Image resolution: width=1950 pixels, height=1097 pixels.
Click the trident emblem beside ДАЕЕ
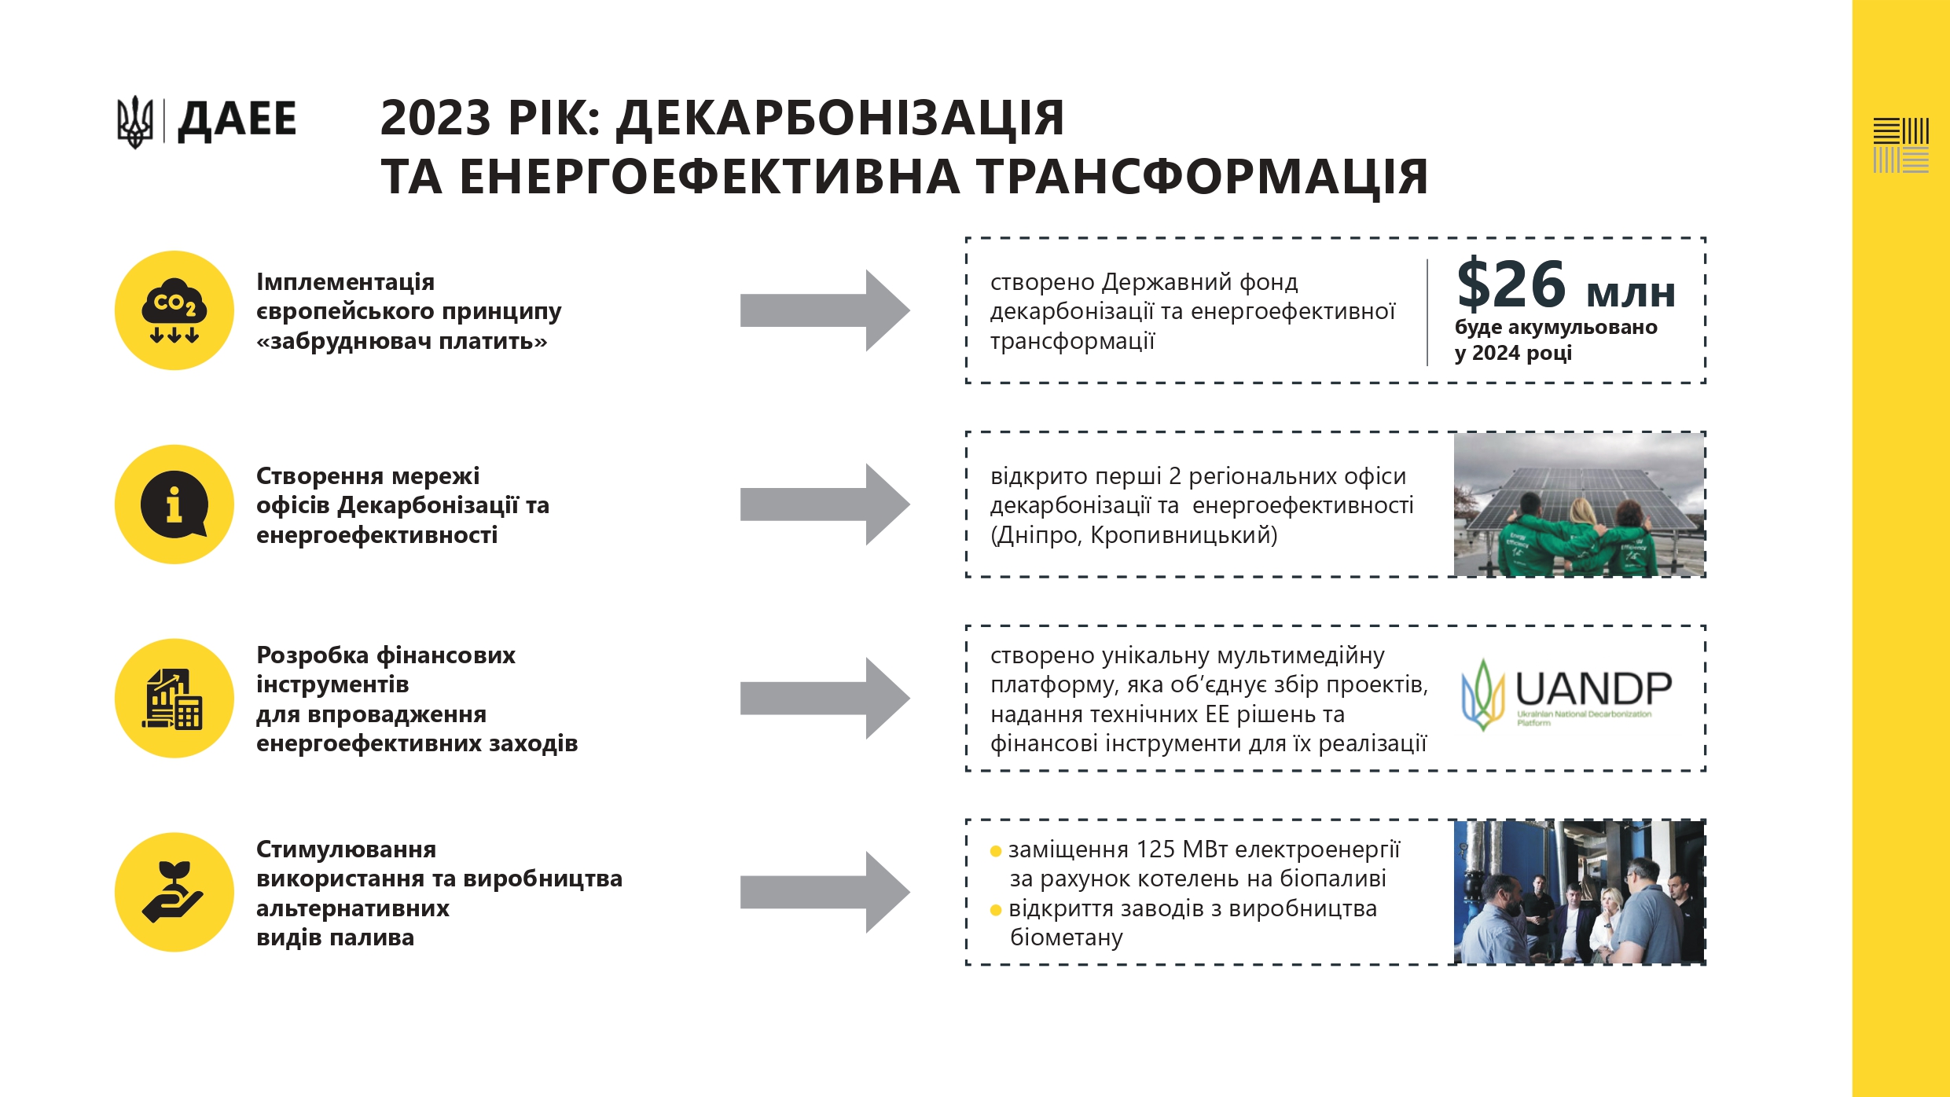tap(135, 122)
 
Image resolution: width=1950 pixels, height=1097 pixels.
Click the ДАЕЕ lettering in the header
tap(237, 120)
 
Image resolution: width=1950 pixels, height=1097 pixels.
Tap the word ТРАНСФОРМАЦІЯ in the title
tap(1203, 176)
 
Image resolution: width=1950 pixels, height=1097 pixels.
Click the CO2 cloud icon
tap(174, 310)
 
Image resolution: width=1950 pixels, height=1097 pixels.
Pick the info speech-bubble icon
tap(174, 504)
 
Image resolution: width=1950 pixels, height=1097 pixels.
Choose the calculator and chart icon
tap(174, 699)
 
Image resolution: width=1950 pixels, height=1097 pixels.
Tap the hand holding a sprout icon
tap(174, 892)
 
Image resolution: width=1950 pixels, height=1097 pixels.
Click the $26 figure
tap(1511, 284)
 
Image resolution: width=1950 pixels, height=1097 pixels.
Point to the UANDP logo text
tap(1593, 689)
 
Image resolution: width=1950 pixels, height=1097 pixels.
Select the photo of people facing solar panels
tap(1578, 504)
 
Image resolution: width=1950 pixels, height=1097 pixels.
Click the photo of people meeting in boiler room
tap(1578, 892)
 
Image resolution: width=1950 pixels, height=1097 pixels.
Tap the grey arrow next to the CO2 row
tap(824, 310)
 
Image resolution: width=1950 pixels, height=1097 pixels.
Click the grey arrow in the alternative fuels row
tap(824, 892)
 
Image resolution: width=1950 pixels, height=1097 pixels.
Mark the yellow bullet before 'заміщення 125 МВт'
tap(996, 851)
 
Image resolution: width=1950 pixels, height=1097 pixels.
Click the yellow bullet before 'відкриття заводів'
tap(996, 910)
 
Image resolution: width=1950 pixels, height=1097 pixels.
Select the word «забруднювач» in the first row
tap(344, 341)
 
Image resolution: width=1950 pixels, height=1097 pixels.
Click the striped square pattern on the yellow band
tap(1900, 145)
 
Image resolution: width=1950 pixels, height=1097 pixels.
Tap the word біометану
tap(1067, 937)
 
